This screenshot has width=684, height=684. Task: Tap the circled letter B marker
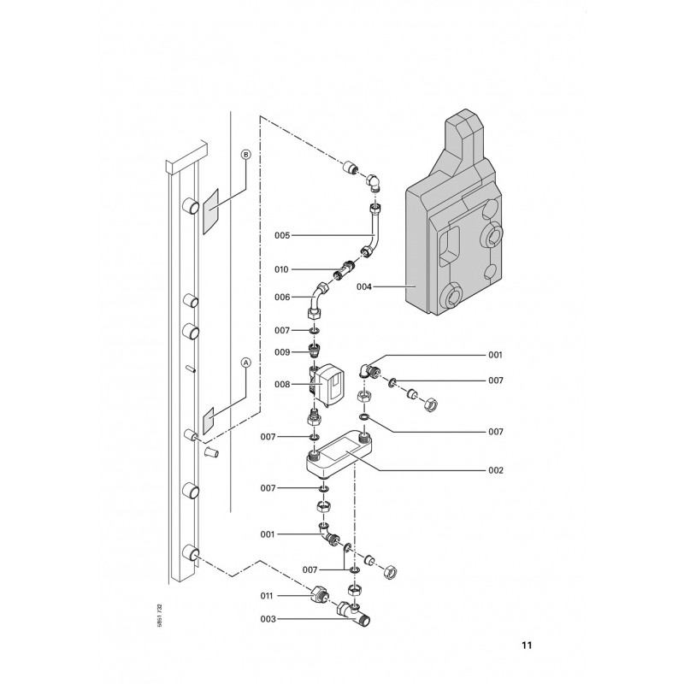coord(246,155)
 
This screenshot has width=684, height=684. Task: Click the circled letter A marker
coord(246,363)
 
